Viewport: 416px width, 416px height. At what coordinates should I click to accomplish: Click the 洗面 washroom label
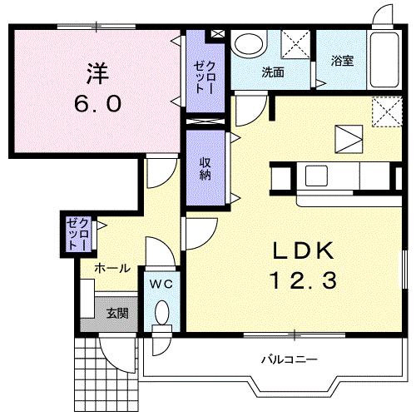point(273,72)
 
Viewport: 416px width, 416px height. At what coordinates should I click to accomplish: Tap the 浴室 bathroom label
point(343,61)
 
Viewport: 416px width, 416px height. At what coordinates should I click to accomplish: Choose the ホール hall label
point(111,268)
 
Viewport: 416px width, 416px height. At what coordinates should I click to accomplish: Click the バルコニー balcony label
point(287,359)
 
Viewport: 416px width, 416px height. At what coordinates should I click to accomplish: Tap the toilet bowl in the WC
point(162,314)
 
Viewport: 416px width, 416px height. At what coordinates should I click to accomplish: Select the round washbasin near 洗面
point(246,43)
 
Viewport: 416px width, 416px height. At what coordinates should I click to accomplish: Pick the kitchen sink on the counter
point(317,176)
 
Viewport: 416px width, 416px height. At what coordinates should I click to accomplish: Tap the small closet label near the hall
point(78,234)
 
